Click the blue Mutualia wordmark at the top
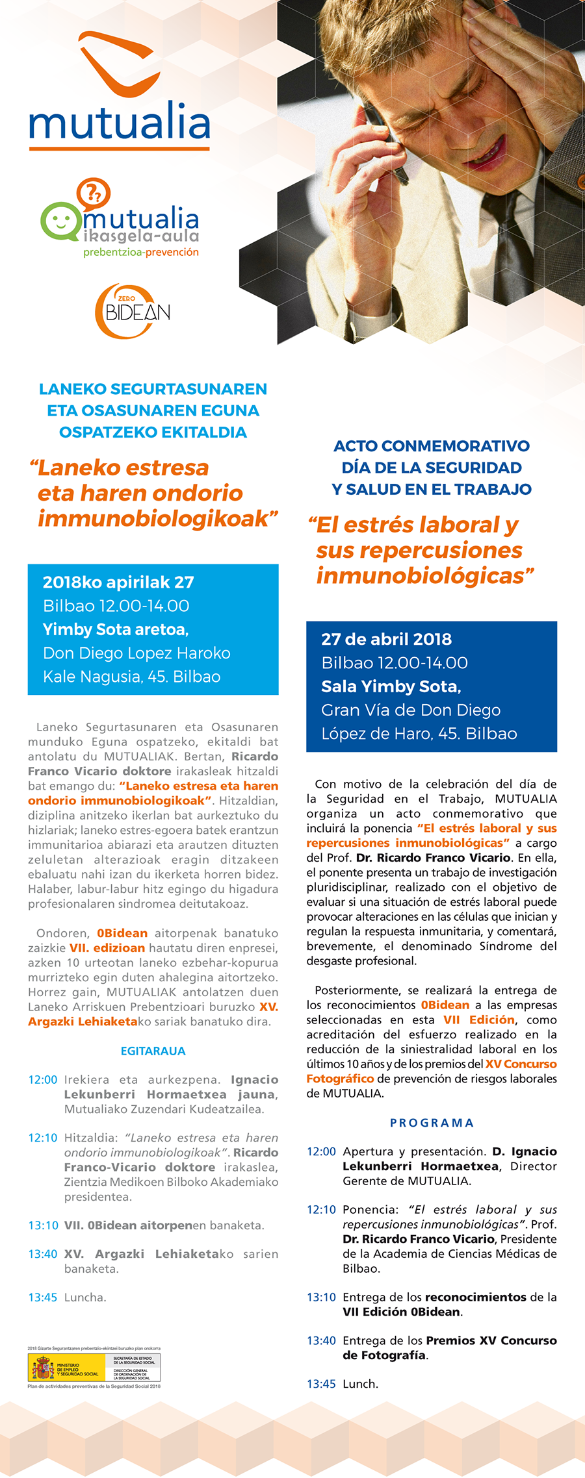[120, 121]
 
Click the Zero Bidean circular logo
[133, 311]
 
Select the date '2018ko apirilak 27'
[118, 582]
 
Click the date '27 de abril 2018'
[386, 639]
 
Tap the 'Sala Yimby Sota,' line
[391, 686]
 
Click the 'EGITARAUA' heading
[153, 1051]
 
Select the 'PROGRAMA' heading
[432, 1123]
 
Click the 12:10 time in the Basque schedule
[43, 1138]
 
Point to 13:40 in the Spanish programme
[321, 1340]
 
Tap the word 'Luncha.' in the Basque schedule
[85, 1297]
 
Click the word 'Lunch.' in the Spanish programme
[360, 1384]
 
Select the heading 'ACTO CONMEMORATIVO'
[432, 446]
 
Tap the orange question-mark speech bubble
[93, 192]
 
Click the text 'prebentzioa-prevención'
[141, 252]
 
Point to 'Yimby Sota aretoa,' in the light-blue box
[116, 629]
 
